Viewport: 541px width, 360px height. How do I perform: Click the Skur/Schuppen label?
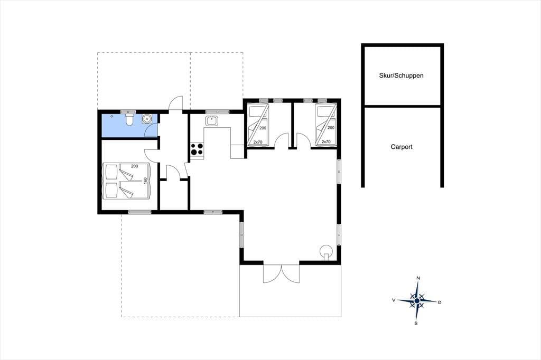[x=401, y=75]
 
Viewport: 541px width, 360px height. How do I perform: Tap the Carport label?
[x=402, y=147]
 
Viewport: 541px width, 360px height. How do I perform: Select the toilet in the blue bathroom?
[x=130, y=120]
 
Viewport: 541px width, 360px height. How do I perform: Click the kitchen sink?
[x=211, y=121]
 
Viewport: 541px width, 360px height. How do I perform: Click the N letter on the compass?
[x=418, y=278]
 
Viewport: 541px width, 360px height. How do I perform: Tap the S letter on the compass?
[x=416, y=324]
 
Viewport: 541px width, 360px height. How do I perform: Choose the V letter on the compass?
[x=393, y=300]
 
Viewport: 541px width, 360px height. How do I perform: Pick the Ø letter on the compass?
[x=439, y=302]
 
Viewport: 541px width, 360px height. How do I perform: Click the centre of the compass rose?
[x=417, y=301]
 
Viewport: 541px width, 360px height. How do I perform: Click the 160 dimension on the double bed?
[x=145, y=181]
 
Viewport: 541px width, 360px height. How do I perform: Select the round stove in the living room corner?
[x=325, y=251]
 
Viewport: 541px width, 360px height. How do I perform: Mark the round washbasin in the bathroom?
[x=147, y=119]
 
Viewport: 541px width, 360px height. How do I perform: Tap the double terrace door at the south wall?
[x=281, y=274]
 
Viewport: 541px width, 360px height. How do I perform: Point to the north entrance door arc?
[x=175, y=103]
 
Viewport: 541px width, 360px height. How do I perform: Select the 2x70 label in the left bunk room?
[x=258, y=142]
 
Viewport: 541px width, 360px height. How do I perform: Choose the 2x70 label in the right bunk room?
[x=326, y=141]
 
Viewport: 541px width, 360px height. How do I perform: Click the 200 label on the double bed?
[x=134, y=166]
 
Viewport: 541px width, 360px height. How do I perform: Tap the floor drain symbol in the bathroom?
[x=112, y=116]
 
